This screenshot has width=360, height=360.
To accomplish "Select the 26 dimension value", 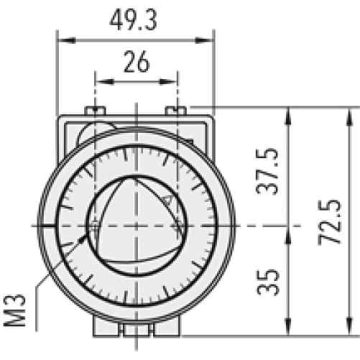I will (135, 63).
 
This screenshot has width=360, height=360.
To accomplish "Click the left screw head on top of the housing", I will (94, 110).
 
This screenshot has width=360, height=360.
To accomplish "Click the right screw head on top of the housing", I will (177, 110).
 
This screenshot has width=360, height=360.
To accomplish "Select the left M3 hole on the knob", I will (94, 228).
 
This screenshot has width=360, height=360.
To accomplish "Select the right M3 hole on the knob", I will (177, 228).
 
